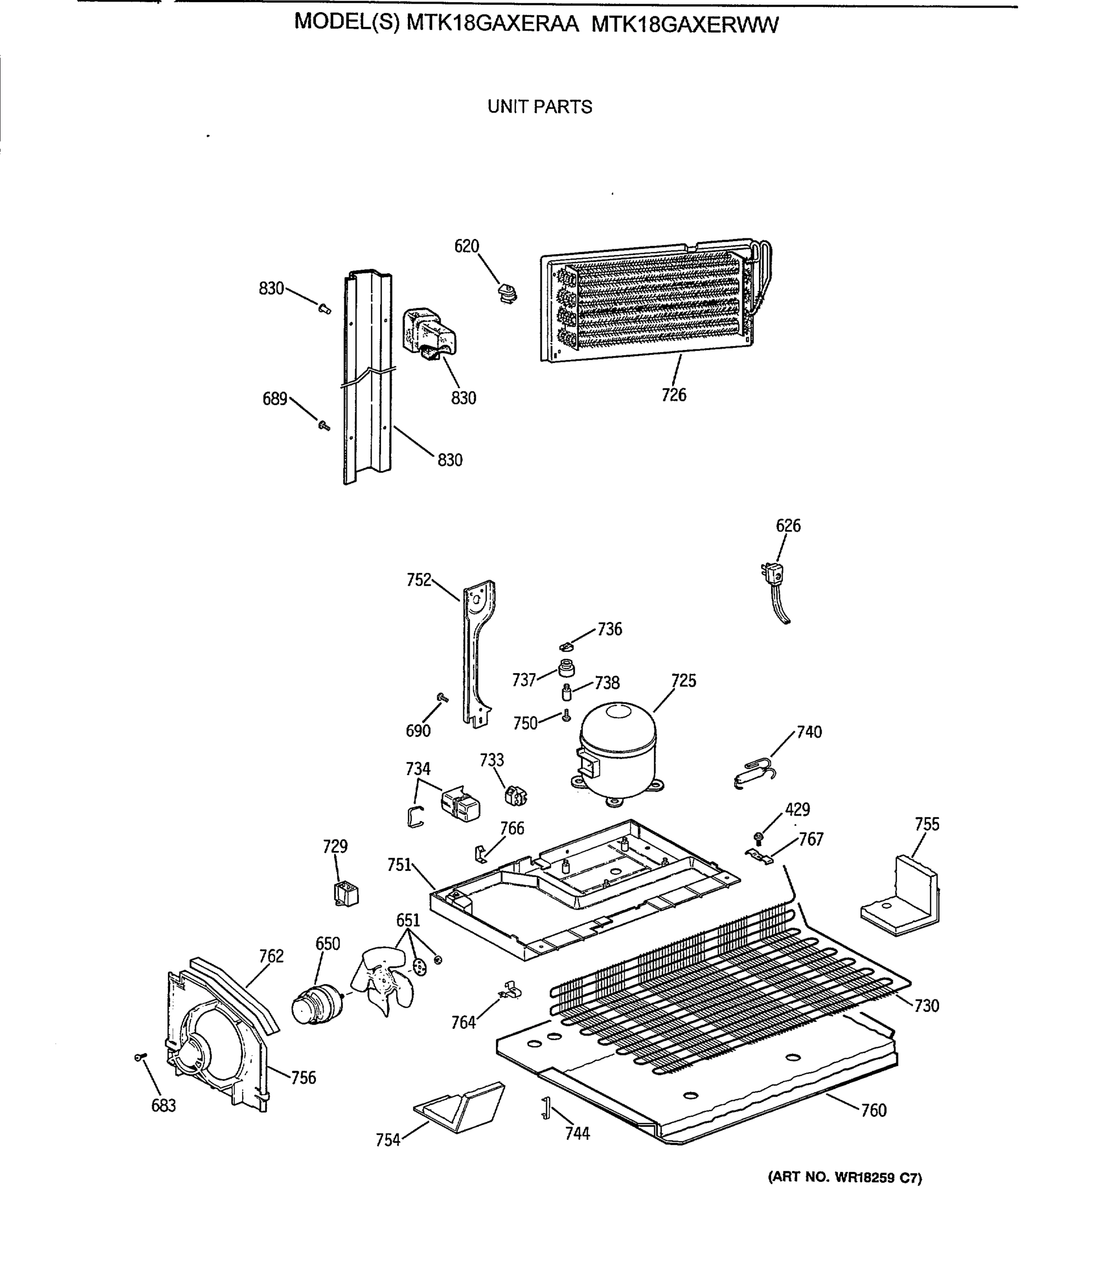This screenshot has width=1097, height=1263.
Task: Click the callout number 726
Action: click(x=673, y=395)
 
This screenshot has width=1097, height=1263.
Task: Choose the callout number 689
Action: click(x=275, y=399)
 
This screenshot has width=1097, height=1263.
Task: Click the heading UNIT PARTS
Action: click(x=540, y=107)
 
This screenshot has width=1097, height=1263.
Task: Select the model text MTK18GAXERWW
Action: click(x=685, y=25)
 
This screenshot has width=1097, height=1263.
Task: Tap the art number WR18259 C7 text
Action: click(x=845, y=1178)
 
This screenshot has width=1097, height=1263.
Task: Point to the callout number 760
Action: click(x=874, y=1110)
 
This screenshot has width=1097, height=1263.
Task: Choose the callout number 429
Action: click(x=797, y=809)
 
